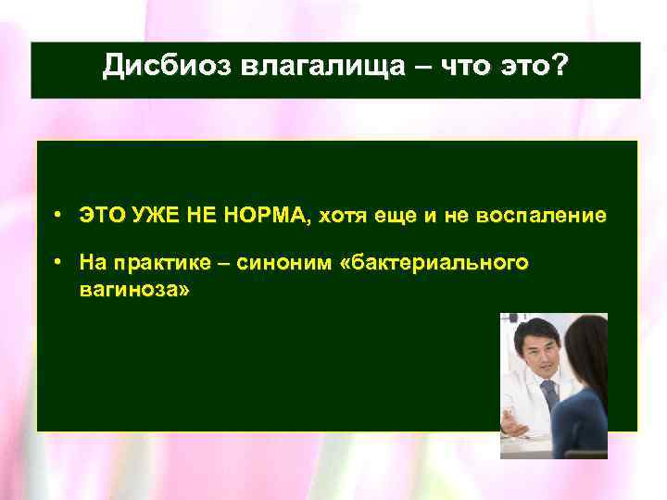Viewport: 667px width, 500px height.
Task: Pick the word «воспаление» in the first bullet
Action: pyautogui.click(x=552, y=216)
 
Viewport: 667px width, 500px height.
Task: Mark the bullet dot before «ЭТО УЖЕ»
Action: pyautogui.click(x=57, y=216)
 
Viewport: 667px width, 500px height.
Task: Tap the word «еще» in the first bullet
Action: pyautogui.click(x=400, y=216)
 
